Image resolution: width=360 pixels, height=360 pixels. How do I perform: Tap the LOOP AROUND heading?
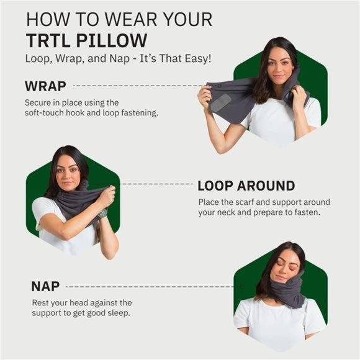[x=246, y=186]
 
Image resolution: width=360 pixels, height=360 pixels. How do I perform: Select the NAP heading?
[x=45, y=286]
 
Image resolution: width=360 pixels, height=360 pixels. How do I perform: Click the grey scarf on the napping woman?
[x=287, y=290]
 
